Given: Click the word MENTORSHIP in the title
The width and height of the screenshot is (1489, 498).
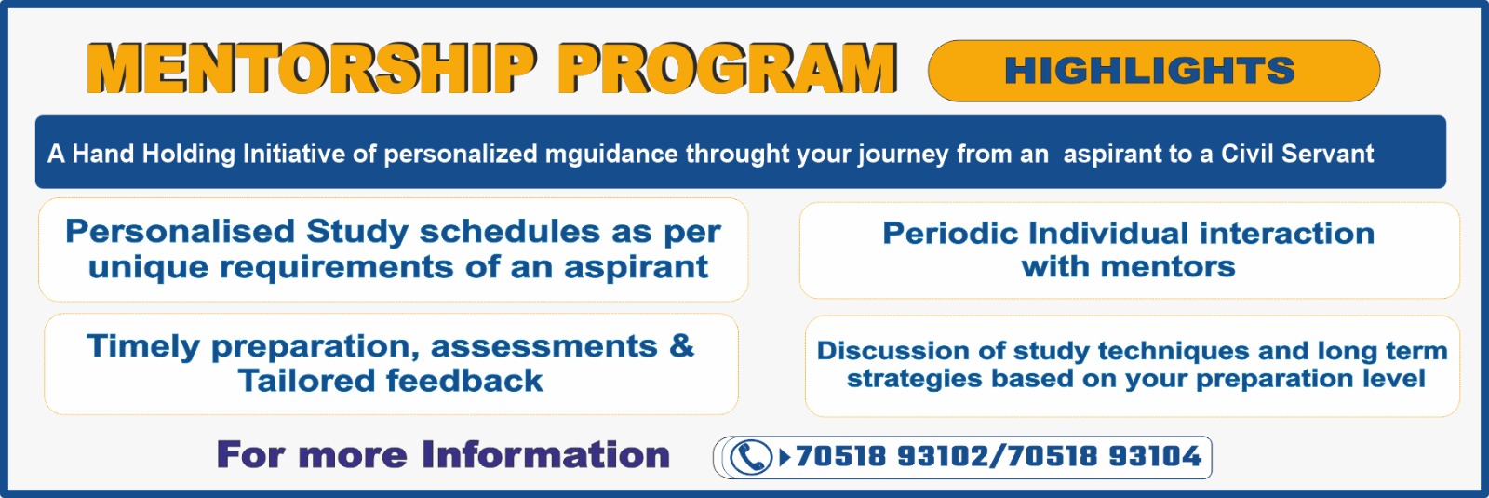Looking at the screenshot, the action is click(x=313, y=69).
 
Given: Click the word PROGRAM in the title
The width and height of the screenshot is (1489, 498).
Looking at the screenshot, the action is click(x=728, y=69).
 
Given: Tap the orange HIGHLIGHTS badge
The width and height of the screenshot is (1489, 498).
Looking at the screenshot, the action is click(x=1153, y=71).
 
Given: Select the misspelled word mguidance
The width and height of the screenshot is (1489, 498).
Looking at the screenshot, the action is click(x=611, y=155).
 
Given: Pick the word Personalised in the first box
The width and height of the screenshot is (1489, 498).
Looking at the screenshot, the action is click(x=181, y=232).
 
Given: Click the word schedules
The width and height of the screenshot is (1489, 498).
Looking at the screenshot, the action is click(x=510, y=232).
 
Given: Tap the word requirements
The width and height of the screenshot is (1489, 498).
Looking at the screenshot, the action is click(x=336, y=268).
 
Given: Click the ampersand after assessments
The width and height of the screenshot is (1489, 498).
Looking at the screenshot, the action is click(x=681, y=346).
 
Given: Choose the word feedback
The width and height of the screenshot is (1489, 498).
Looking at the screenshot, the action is click(x=464, y=381).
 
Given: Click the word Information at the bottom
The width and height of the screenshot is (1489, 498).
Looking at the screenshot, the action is click(x=545, y=455).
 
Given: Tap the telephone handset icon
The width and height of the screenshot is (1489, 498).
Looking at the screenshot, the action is click(x=750, y=457).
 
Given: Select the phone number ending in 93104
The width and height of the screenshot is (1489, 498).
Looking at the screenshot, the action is click(x=1104, y=456).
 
